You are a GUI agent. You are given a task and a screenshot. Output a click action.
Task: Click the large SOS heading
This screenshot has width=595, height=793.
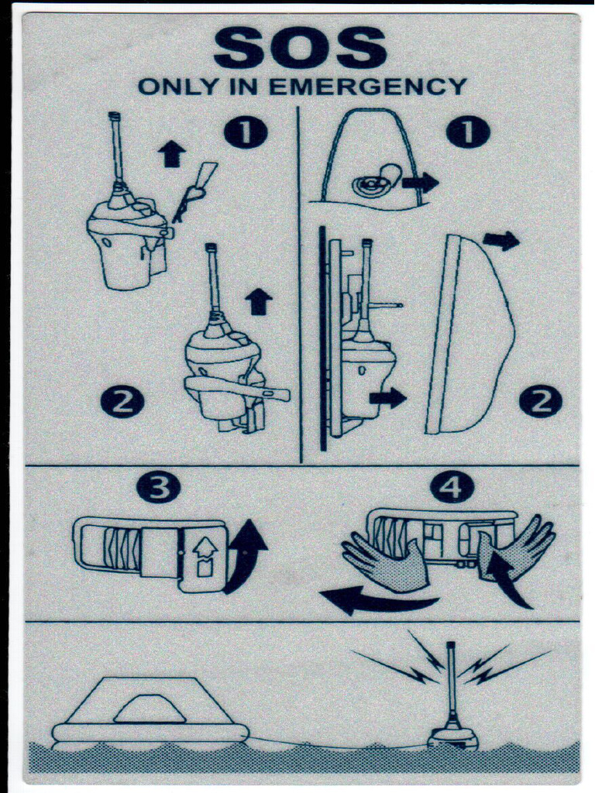[x=300, y=49]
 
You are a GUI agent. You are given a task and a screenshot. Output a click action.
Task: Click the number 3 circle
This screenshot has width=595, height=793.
[x=158, y=487]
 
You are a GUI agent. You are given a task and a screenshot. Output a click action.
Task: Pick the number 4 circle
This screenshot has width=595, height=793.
[x=452, y=487]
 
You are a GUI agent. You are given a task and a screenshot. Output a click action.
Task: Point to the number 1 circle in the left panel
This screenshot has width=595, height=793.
[x=246, y=133]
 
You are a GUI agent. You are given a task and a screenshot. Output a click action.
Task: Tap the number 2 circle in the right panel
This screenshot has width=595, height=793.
[x=540, y=402]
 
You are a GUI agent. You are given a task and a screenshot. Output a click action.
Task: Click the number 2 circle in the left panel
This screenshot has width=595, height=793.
[x=122, y=402]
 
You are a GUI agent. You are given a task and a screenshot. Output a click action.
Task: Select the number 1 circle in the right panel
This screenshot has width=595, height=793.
[x=468, y=133]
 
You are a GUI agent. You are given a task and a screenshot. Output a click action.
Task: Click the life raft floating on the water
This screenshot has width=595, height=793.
[x=150, y=714]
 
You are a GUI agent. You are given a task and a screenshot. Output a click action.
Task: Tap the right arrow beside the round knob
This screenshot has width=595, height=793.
[x=420, y=183]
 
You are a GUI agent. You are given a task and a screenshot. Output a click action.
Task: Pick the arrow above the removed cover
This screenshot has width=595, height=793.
[x=501, y=241]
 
